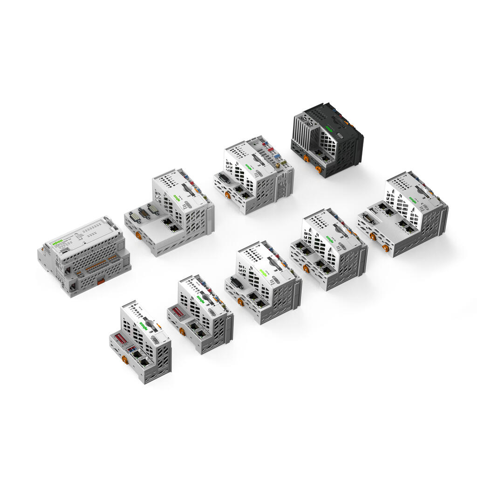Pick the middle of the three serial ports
click(x=144, y=213)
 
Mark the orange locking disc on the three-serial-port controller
click(x=138, y=235)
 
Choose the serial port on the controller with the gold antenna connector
click(x=224, y=178)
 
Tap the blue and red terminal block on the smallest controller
click(x=132, y=348)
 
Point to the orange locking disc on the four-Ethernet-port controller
click(x=306, y=268)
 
